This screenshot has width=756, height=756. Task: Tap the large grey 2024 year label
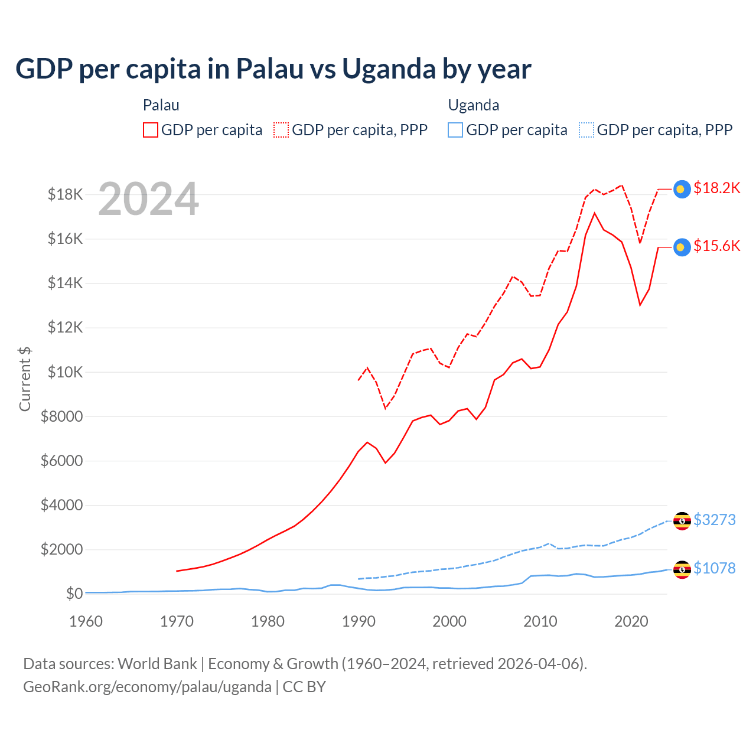[x=148, y=200]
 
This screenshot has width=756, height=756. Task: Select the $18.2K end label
[x=716, y=188]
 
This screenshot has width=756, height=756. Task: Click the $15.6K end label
[x=716, y=246]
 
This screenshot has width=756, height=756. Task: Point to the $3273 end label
[x=714, y=520]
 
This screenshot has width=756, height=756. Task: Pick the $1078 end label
[x=714, y=568]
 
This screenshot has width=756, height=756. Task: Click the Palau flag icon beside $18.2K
[x=682, y=189]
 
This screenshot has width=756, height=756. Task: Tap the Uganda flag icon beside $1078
[x=682, y=569]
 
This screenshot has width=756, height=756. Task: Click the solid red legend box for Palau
[x=151, y=130]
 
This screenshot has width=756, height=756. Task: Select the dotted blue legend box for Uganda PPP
[x=586, y=130]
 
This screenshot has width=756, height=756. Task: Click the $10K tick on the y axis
[x=65, y=372]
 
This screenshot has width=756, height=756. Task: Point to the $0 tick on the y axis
[x=74, y=594]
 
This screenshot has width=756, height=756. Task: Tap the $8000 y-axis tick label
[x=61, y=416]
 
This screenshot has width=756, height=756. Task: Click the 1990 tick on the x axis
[x=359, y=621]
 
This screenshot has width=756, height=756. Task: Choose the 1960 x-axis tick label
[x=86, y=621]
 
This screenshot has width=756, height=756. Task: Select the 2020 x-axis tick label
[x=631, y=621]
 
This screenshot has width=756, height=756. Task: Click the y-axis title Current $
[x=25, y=379]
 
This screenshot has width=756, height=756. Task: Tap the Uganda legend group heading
[x=474, y=105]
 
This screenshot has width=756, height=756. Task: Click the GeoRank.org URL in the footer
[x=147, y=687]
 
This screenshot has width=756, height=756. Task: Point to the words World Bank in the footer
[x=157, y=664]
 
